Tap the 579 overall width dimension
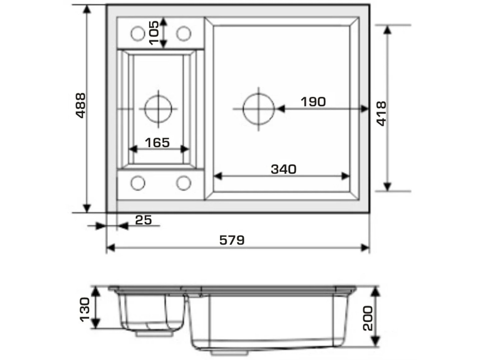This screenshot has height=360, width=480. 232,240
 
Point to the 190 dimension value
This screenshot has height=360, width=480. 313,102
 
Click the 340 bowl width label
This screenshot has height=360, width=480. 284,169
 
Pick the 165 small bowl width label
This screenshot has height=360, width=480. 157,143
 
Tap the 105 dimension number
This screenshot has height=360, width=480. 154,33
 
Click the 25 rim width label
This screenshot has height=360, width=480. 143,220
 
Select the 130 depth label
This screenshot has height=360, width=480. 85,310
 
